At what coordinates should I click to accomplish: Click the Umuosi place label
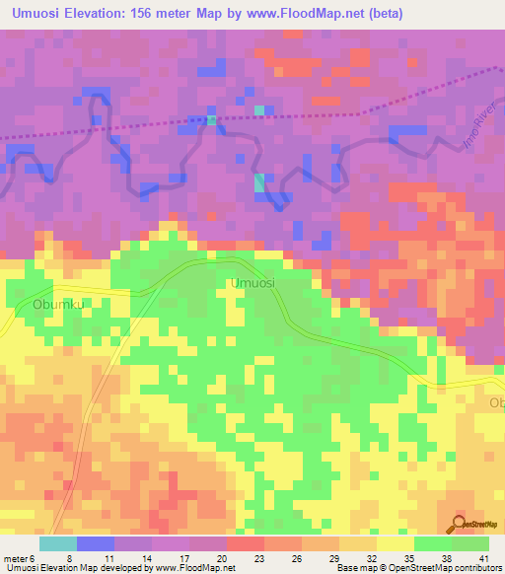[252, 283]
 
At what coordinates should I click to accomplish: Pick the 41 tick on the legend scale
[483, 558]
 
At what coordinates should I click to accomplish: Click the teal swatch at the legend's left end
[58, 543]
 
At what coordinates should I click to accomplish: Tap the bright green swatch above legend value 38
[432, 543]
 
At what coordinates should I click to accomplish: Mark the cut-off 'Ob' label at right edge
[496, 402]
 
